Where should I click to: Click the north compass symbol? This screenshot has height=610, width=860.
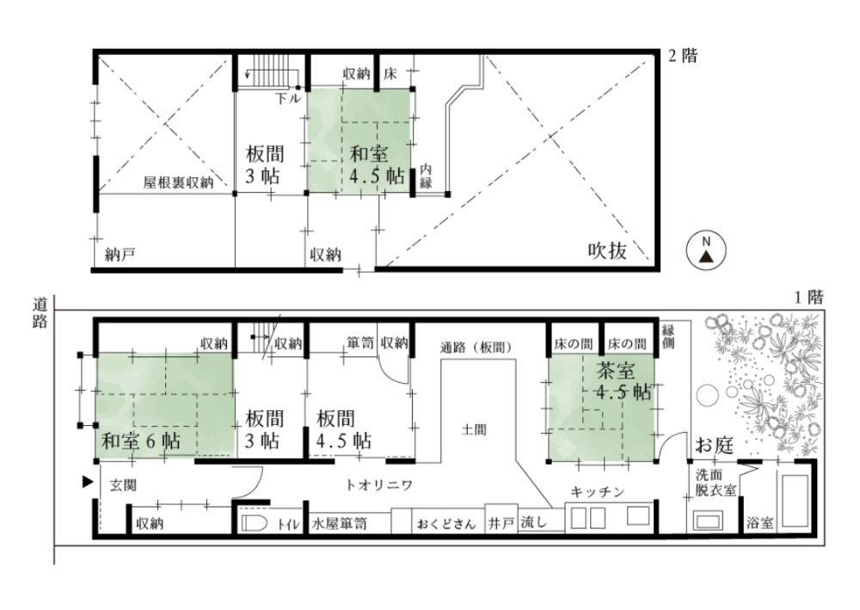(x=706, y=250)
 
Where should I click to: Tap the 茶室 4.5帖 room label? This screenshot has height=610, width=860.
(x=623, y=382)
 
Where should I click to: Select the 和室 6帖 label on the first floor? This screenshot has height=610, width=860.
(x=141, y=441)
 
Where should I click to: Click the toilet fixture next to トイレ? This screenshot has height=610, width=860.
(x=254, y=523)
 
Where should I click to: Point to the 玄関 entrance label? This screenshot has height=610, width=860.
(x=123, y=485)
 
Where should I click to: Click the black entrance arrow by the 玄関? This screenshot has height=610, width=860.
(x=87, y=482)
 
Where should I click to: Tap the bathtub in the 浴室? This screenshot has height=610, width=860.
(x=795, y=500)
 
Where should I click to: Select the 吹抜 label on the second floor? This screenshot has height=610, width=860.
(x=607, y=250)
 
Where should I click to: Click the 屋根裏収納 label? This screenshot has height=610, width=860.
(x=178, y=182)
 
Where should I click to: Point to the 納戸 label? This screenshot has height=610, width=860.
(x=120, y=254)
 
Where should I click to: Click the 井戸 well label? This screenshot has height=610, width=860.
(x=501, y=523)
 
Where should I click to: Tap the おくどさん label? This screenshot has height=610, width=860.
(x=445, y=524)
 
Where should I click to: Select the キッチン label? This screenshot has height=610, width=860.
(x=598, y=491)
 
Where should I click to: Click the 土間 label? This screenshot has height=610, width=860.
(x=473, y=429)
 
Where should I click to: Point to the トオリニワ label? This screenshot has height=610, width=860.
(x=379, y=485)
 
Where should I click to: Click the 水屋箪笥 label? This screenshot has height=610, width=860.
(x=339, y=524)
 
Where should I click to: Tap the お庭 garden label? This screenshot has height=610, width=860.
(x=715, y=445)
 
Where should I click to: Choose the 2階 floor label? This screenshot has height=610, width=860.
(x=683, y=55)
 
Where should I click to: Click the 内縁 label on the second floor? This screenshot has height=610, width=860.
(x=426, y=176)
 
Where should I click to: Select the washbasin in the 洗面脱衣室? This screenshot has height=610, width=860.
(x=708, y=520)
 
